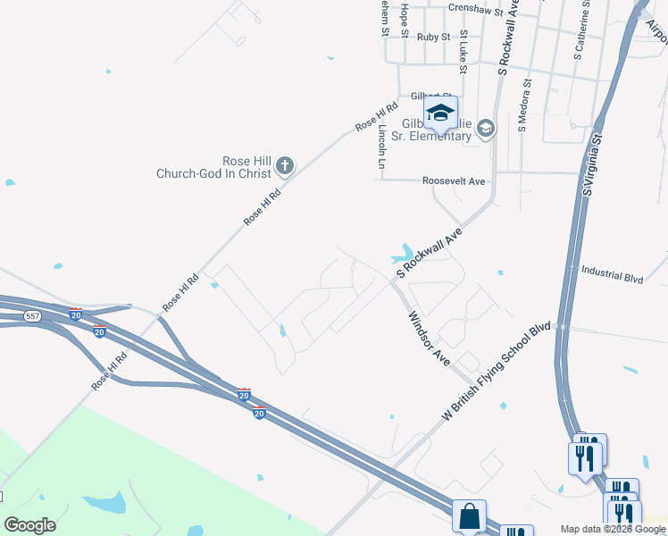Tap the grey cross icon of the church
pyautogui.click(x=284, y=164)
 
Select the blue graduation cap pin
pyautogui.click(x=440, y=113)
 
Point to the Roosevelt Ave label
pyautogui.click(x=454, y=181)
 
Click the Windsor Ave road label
pyautogui.click(x=430, y=338)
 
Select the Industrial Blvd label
pyautogui.click(x=612, y=273)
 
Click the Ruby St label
pyautogui.click(x=433, y=37)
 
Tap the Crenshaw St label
pyautogui.click(x=472, y=7)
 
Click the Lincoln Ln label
pyautogui.click(x=382, y=147)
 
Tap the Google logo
pyautogui.click(x=30, y=524)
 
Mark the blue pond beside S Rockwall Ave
pyautogui.click(x=404, y=254)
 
